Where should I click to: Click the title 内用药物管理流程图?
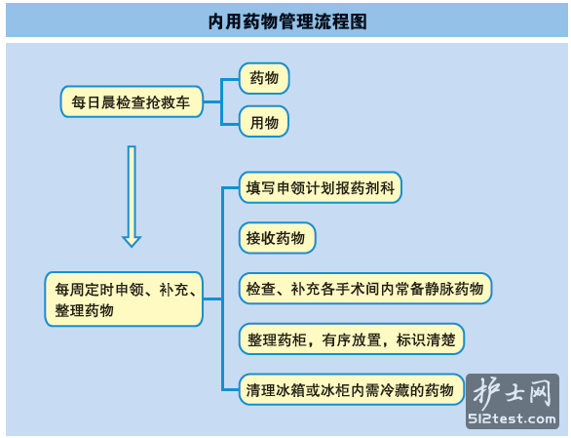click(287, 21)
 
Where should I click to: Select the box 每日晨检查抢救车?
click(132, 101)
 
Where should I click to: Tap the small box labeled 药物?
click(264, 78)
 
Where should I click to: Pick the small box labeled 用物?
click(264, 122)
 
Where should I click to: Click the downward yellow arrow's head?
click(132, 241)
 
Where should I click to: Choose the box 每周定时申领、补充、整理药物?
click(124, 299)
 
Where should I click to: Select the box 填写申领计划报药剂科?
click(321, 187)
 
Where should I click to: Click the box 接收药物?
click(277, 238)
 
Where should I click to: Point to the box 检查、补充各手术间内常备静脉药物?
click(365, 289)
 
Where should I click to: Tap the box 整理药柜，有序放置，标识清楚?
click(352, 339)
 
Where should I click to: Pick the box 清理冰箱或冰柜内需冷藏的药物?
click(352, 389)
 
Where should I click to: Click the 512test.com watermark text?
click(512, 418)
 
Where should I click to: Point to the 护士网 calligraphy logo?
click(512, 393)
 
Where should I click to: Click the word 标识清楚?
click(426, 339)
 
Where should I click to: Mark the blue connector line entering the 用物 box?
click(230, 124)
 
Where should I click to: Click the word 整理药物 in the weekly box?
click(85, 310)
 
